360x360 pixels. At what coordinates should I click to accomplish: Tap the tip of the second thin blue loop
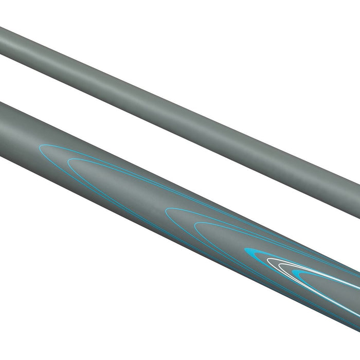pyautogui.click(x=68, y=164)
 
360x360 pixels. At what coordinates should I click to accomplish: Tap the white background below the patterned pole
pyautogui.click(x=103, y=283)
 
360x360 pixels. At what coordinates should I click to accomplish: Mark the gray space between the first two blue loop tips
pyautogui.click(x=54, y=157)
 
